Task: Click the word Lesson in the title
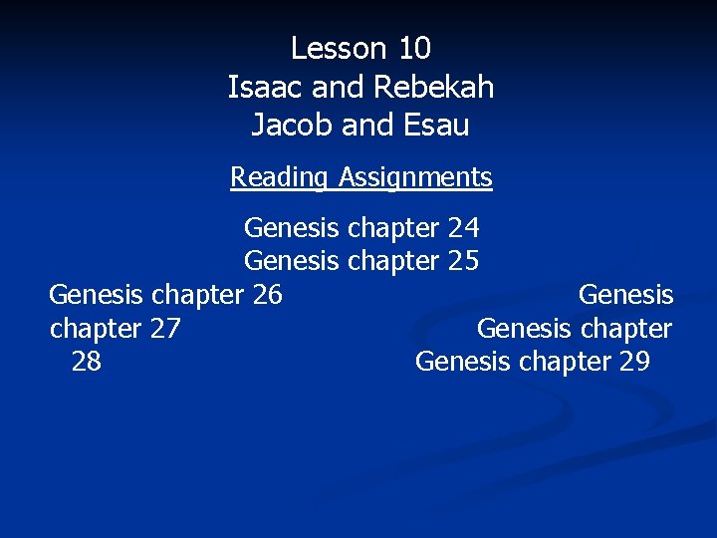(336, 48)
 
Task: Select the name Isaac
(266, 88)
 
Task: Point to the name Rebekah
(434, 88)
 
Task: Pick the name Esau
(439, 127)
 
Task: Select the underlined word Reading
(280, 177)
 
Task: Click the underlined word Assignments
(415, 177)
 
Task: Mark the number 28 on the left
(87, 361)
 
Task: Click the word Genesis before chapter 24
(292, 229)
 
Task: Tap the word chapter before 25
(392, 262)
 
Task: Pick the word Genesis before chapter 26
(97, 295)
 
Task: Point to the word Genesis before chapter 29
(462, 361)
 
